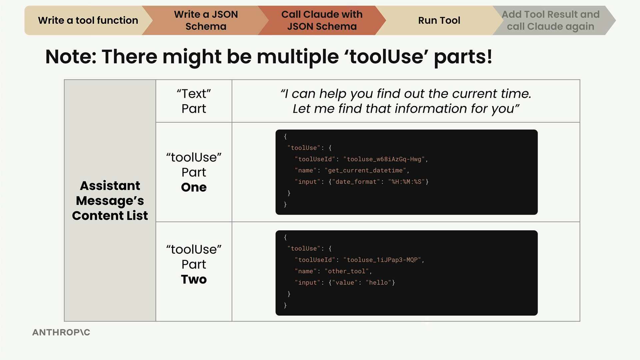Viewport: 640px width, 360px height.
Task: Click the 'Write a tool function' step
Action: coord(88,20)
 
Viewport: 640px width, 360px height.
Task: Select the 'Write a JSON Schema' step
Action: coord(206,20)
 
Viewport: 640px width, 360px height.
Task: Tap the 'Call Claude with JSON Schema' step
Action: coord(322,20)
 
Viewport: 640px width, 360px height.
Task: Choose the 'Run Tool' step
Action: coord(439,20)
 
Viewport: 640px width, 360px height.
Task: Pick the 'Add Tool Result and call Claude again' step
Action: coord(550,20)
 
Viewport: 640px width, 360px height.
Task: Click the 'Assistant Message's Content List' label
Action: coord(110,200)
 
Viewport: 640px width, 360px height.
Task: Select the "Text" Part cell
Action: coord(194,101)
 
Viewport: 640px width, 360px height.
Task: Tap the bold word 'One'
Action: coord(194,187)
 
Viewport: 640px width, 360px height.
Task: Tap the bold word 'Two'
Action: coord(194,279)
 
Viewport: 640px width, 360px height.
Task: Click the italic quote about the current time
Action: coord(406,101)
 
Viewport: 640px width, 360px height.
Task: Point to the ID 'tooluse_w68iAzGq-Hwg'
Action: coord(384,159)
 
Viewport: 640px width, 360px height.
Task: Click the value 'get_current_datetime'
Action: coord(365,171)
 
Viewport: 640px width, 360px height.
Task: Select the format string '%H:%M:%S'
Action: coord(406,182)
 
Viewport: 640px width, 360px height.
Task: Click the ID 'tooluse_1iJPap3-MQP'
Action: coord(382,260)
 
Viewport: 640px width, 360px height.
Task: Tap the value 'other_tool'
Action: coord(347,271)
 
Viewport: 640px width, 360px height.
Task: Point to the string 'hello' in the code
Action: coord(378,283)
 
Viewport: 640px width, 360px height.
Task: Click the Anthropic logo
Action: coord(61,332)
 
